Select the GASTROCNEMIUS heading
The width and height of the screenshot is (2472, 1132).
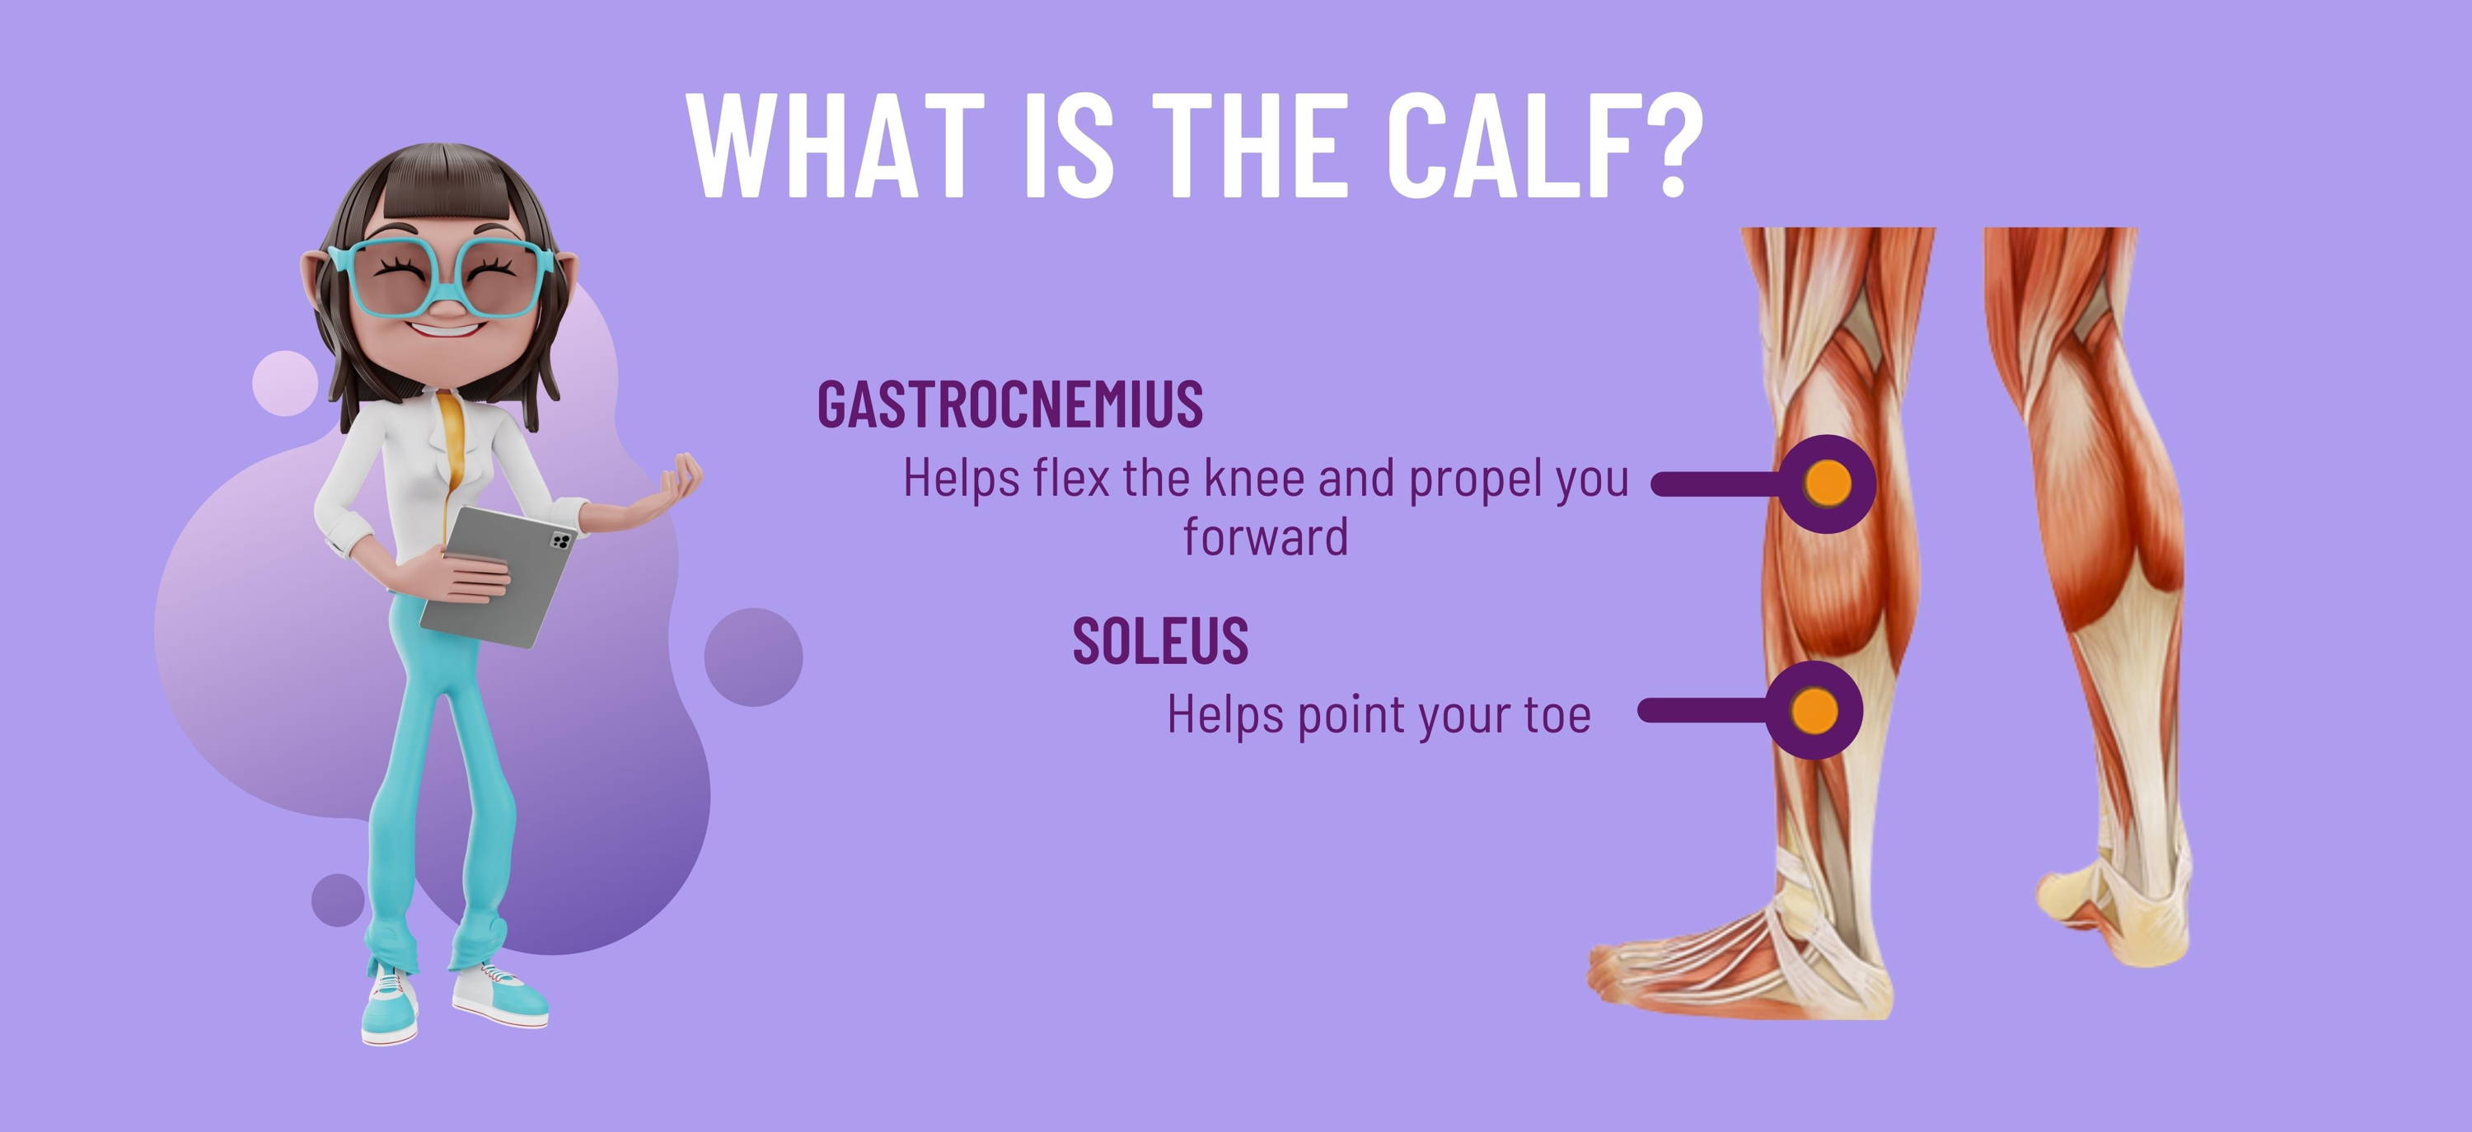point(1009,404)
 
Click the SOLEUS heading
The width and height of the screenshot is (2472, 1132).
point(1160,641)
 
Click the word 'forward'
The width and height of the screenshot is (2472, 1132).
point(1266,536)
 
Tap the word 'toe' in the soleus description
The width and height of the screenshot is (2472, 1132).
point(1557,714)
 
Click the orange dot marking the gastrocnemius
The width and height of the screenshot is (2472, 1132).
point(1827,484)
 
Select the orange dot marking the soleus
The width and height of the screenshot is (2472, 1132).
point(1814,711)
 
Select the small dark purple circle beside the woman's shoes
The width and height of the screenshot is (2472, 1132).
point(338,900)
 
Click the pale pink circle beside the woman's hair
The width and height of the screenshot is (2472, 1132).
point(285,384)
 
